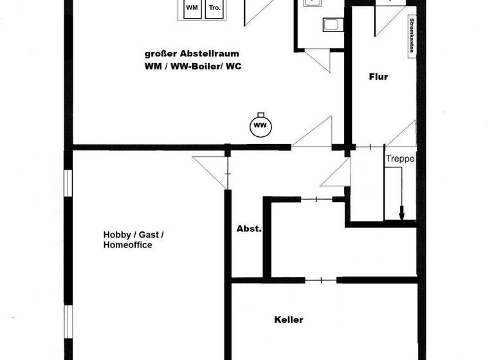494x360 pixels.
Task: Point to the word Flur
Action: pyautogui.click(x=378, y=77)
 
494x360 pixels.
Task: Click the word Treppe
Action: pyautogui.click(x=399, y=159)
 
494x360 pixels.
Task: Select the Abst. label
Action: pyautogui.click(x=248, y=229)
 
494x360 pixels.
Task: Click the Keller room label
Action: pyautogui.click(x=288, y=319)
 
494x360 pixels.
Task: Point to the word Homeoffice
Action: pyautogui.click(x=127, y=245)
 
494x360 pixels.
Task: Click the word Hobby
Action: pyautogui.click(x=116, y=234)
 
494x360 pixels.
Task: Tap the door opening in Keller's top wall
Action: pyautogui.click(x=322, y=280)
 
